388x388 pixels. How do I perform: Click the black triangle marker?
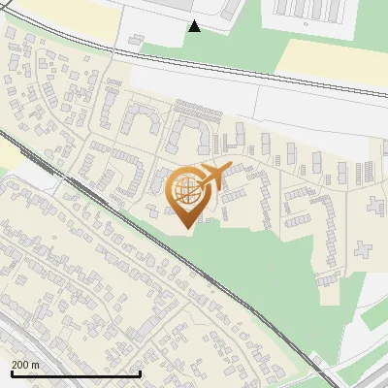point(195,26)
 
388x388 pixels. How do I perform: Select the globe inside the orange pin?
point(185,190)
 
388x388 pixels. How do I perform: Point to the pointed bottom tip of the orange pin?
point(185,229)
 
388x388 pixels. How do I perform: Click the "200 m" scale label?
point(25,364)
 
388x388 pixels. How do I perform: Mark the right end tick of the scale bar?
point(140,373)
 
